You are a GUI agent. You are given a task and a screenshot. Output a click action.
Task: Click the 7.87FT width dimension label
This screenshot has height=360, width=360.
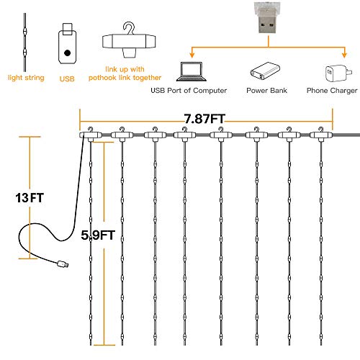(x=204, y=119)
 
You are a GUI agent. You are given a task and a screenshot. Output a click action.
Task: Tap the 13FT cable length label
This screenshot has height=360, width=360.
(x=30, y=198)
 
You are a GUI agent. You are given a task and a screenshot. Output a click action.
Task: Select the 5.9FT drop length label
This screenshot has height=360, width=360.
(x=98, y=235)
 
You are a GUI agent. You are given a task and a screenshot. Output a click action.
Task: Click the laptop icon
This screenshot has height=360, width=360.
(x=192, y=71)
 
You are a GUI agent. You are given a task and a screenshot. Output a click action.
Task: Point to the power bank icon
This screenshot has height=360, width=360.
(x=265, y=71)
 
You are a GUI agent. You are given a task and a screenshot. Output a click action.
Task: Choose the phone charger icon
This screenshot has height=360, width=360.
(x=338, y=73)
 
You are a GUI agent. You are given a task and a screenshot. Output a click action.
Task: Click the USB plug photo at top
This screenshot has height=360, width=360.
(x=267, y=18)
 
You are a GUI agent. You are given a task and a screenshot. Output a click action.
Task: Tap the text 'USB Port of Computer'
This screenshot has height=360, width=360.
(x=189, y=91)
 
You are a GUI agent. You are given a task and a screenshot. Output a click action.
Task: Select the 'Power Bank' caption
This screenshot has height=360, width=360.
(x=266, y=91)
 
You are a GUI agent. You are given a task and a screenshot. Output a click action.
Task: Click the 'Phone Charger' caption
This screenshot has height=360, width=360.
(x=332, y=91)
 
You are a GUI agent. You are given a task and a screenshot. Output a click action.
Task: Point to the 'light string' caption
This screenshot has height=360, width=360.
(x=26, y=78)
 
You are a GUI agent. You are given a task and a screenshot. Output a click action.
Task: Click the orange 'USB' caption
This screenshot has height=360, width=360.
(x=67, y=78)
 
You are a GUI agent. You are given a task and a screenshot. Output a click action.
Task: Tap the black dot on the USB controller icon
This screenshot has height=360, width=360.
(x=68, y=53)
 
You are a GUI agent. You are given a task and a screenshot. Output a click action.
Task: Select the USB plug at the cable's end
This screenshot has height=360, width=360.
(x=63, y=264)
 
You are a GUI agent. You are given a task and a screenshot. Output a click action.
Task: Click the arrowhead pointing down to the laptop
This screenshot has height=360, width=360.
(x=192, y=55)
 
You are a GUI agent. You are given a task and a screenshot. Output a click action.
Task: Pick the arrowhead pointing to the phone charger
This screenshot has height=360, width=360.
(x=344, y=55)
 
